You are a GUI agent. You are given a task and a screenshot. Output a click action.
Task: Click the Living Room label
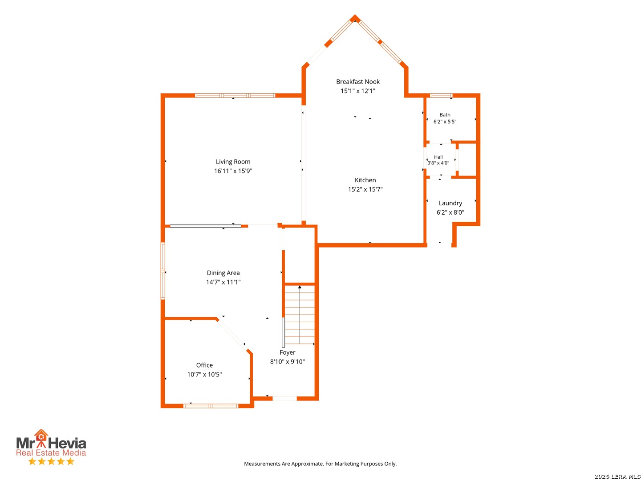233,161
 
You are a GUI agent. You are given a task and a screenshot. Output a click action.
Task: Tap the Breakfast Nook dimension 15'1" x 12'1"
358,91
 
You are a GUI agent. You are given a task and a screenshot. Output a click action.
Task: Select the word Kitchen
365,180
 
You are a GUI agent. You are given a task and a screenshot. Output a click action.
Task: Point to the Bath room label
444,115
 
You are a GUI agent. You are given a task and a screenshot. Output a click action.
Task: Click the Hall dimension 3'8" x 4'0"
438,163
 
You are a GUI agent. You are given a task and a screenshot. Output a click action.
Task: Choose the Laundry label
450,203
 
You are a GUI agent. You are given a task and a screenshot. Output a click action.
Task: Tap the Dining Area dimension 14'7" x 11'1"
223,282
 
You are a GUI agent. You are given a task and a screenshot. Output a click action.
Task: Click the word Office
204,365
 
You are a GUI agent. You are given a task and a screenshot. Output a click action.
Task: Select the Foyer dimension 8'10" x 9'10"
287,362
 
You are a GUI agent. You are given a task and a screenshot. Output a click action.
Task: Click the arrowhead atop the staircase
299,287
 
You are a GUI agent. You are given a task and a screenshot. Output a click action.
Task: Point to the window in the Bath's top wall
441,96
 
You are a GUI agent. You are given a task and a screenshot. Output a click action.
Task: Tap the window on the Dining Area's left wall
162,271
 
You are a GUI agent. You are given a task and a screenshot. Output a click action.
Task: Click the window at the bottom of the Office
211,406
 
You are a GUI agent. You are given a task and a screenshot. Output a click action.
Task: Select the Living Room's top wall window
235,96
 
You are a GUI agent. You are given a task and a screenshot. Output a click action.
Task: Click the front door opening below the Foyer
284,398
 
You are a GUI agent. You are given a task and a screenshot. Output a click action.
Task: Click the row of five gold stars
51,461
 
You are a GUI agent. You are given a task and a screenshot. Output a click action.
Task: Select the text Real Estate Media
51,452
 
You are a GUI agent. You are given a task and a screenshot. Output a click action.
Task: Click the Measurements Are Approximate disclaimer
320,464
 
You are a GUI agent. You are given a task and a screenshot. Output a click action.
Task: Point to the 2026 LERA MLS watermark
617,476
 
